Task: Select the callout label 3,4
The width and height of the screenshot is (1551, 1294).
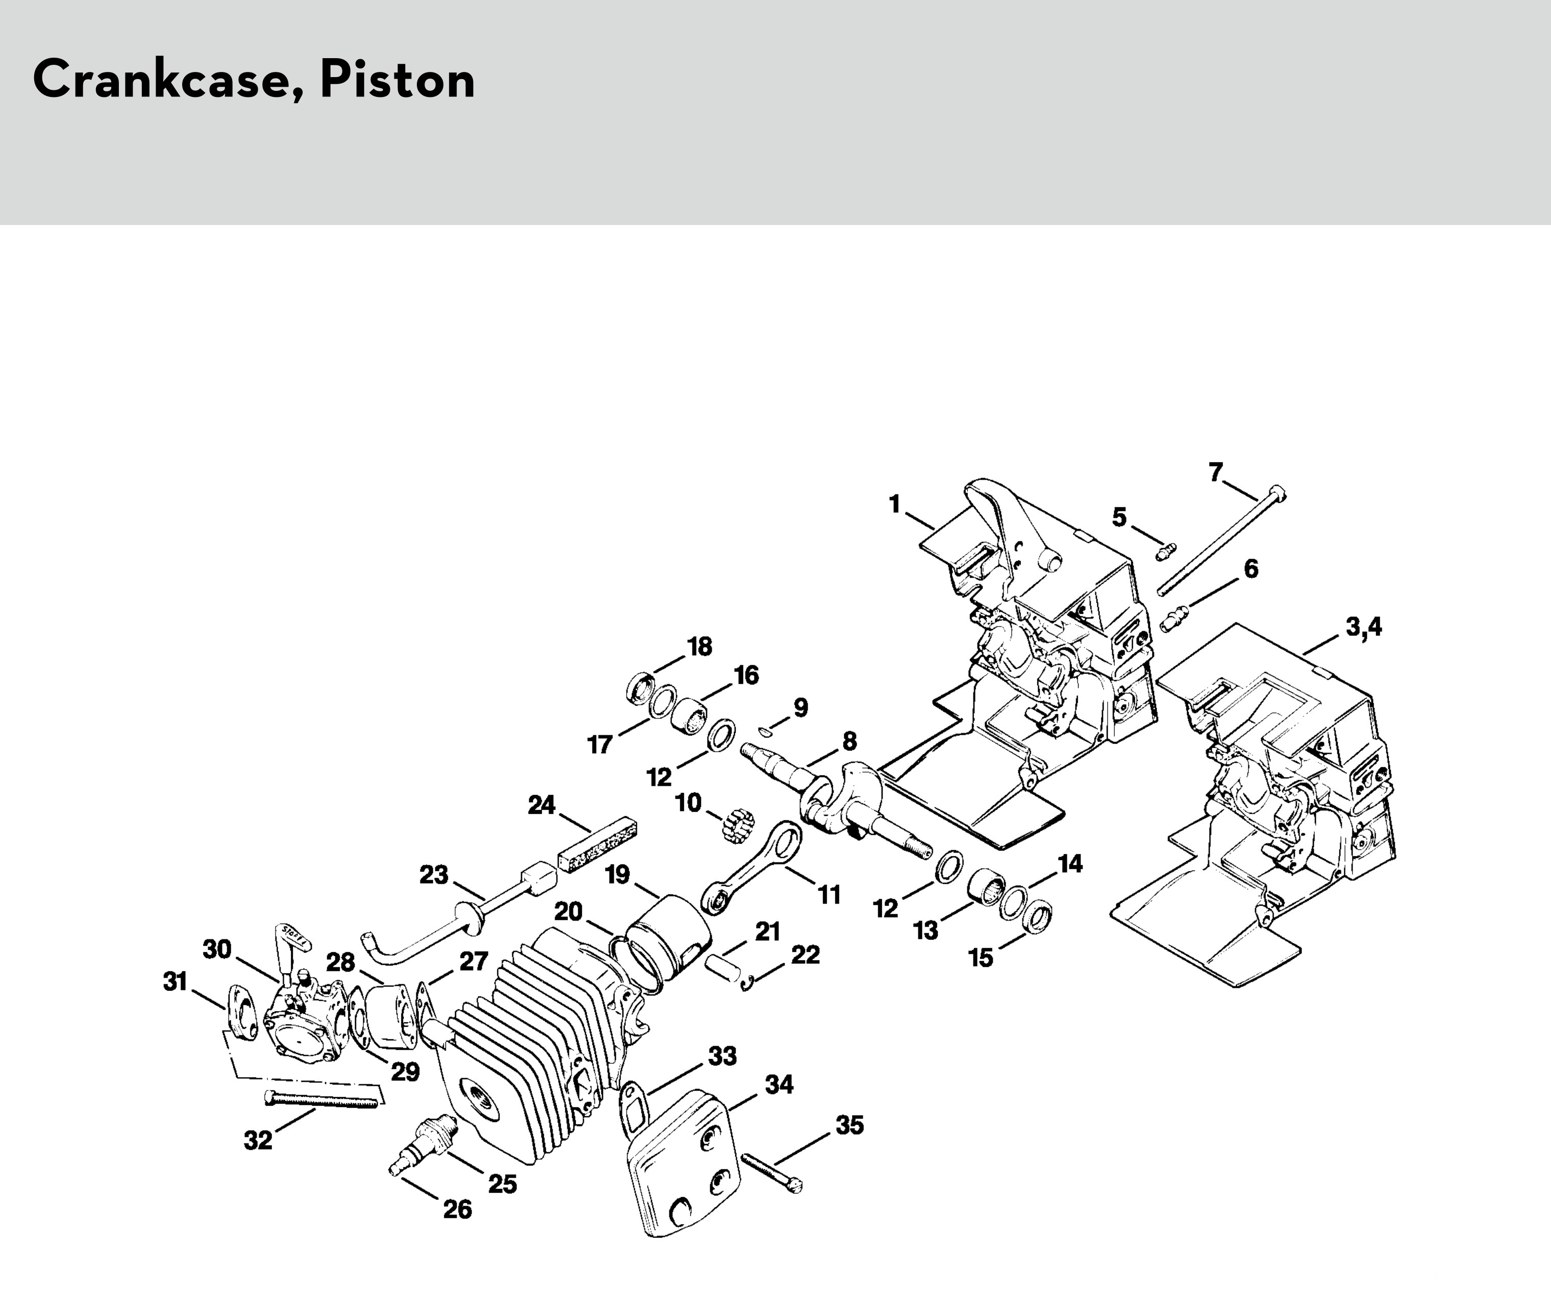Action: pos(1363,627)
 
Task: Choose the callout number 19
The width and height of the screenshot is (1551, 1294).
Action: pos(617,875)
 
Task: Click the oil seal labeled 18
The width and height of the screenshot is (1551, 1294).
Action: pos(640,688)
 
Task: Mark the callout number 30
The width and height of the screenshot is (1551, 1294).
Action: pos(217,949)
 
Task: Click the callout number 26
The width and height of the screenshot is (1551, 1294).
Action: pos(457,1209)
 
